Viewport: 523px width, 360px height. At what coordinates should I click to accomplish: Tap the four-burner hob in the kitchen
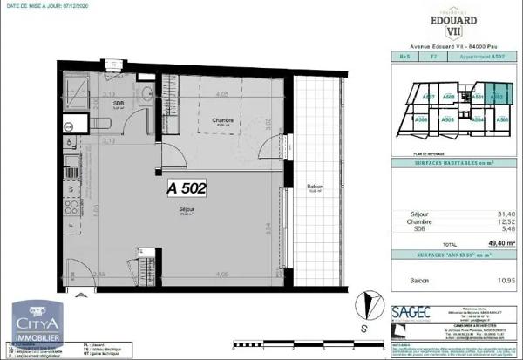70,209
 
